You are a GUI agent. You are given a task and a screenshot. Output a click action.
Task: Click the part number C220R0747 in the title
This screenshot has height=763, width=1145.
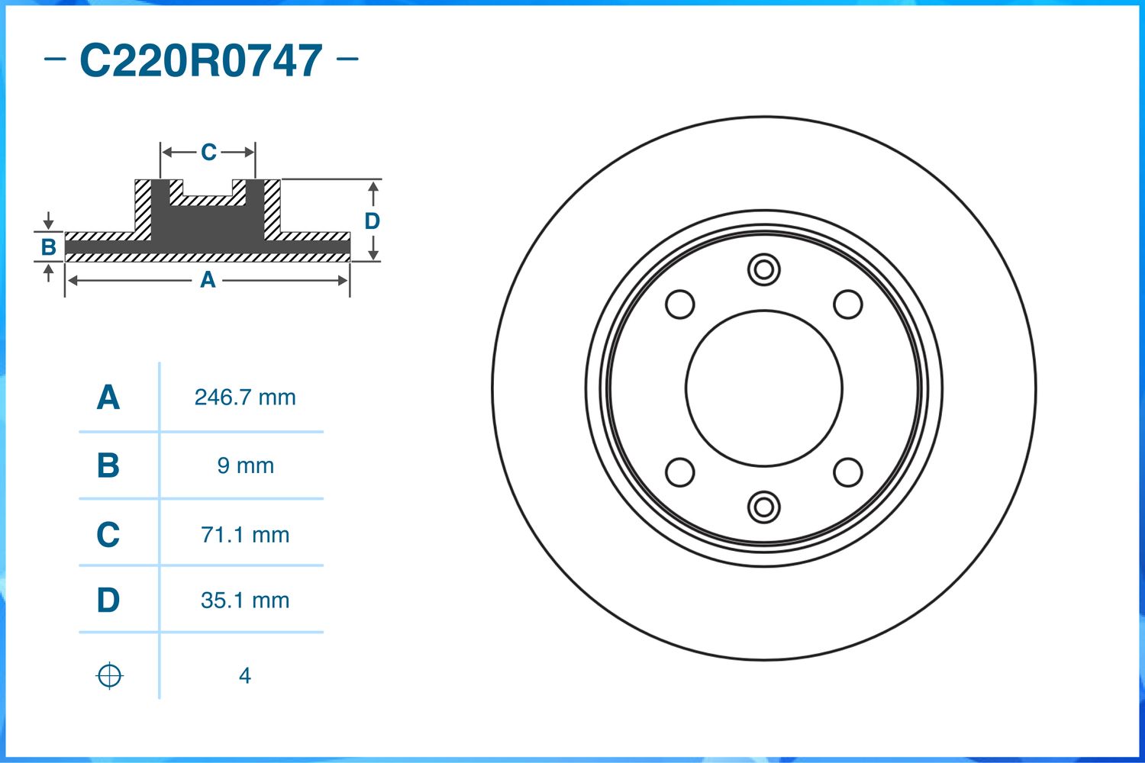[201, 61]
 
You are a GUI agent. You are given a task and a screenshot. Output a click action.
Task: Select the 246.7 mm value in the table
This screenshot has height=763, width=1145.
[245, 398]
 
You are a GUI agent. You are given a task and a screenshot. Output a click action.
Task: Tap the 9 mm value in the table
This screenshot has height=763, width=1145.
[245, 465]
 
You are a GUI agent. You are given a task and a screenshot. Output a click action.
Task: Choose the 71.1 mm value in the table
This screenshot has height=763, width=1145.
[245, 535]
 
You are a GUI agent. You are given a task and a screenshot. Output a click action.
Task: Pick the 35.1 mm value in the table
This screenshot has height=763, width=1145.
[245, 600]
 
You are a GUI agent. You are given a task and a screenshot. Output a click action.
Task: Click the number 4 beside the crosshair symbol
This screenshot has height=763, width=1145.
[244, 676]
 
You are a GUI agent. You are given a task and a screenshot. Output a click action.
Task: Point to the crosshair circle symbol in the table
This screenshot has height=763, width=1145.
[109, 676]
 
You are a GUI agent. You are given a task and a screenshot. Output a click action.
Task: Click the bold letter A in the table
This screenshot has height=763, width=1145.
[108, 398]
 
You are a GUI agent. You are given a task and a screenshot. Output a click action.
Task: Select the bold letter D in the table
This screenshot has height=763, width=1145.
[108, 600]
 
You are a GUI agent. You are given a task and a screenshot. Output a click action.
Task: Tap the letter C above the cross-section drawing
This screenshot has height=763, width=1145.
[208, 153]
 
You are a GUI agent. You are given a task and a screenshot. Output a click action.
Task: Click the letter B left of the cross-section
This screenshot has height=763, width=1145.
[48, 247]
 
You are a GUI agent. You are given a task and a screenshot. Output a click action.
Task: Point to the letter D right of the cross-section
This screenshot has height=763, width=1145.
[372, 221]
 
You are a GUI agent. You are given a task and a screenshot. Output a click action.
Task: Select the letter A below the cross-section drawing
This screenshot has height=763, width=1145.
[208, 281]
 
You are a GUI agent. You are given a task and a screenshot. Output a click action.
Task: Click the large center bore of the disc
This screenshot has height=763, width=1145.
[763, 388]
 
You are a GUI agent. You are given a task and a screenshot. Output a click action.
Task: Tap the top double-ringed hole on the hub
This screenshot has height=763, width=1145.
[763, 269]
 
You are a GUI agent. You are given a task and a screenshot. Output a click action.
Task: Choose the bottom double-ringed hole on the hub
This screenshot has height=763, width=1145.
[763, 507]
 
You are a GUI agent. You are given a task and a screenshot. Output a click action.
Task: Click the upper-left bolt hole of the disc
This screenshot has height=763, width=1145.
[680, 304]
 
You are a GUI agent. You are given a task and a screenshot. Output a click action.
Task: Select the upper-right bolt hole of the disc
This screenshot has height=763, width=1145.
[847, 304]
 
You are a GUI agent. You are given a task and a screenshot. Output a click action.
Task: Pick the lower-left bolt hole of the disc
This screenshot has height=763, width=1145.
[680, 472]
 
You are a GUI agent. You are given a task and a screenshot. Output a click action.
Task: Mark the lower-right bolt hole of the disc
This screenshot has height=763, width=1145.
[847, 472]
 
